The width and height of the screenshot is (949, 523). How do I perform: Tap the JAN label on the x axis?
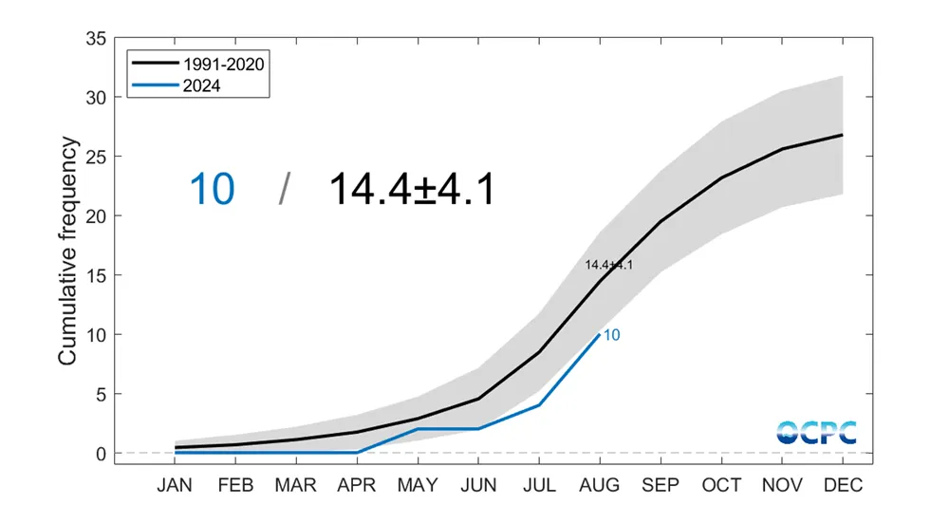pos(175,485)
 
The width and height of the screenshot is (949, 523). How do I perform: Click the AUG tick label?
pos(599,485)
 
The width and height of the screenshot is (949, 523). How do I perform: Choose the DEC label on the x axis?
pos(842,485)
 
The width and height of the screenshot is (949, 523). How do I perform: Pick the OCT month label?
pos(720,485)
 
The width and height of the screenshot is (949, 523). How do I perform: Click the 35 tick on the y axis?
pos(95,39)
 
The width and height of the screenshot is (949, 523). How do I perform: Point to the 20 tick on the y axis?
pos(95,216)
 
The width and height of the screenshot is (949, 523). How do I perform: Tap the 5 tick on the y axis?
pos(100,394)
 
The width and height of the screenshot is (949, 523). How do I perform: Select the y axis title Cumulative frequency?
pos(67,251)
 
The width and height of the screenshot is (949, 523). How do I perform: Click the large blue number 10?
pos(212,189)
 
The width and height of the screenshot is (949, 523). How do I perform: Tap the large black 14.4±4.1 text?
pos(411,189)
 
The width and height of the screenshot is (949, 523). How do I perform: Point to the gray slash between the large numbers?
pos(283,189)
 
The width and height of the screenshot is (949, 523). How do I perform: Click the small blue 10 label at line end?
pos(612,335)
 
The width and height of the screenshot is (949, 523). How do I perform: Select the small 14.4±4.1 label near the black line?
pos(608,265)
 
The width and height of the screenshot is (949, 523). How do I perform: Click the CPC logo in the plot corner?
pos(816,432)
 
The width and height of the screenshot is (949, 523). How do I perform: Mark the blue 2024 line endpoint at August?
pos(599,334)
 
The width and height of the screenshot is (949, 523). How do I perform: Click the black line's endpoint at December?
pos(842,135)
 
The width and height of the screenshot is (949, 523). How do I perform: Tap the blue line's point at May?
pos(417,429)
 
